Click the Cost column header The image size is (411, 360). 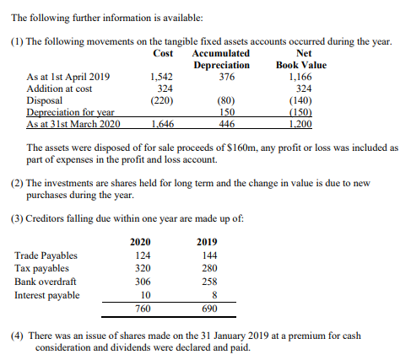coord(163,53)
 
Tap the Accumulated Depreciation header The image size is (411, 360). coord(227,59)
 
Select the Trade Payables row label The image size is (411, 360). coord(46,255)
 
